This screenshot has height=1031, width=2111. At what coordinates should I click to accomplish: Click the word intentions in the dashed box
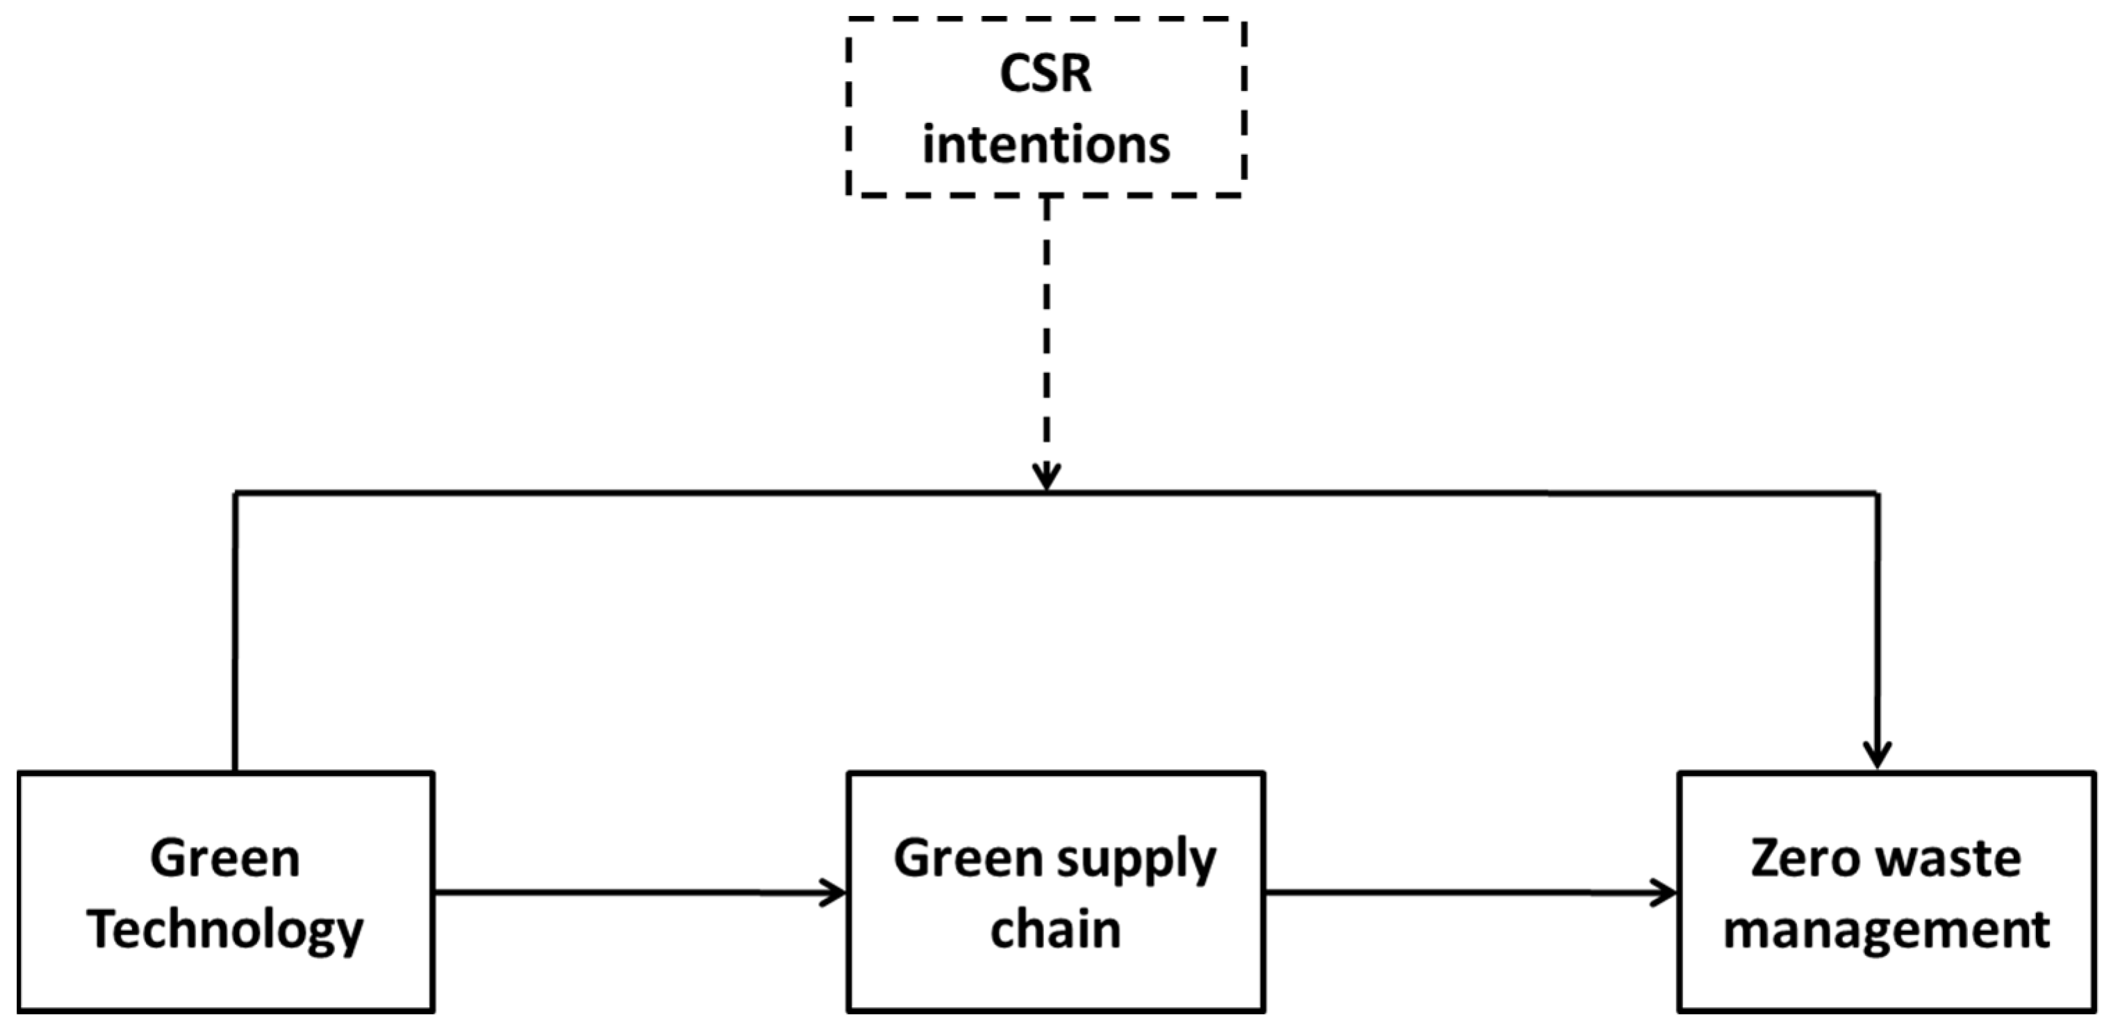pyautogui.click(x=1045, y=146)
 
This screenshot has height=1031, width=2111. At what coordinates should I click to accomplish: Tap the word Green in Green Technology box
pyautogui.click(x=224, y=859)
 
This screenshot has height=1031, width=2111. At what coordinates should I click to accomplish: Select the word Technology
pyautogui.click(x=224, y=931)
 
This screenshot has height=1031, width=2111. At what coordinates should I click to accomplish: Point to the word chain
pyautogui.click(x=1056, y=930)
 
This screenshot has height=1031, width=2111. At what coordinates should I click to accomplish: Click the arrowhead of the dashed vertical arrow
pyautogui.click(x=1047, y=479)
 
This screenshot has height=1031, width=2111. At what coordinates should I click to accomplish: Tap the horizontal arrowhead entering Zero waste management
pyautogui.click(x=1666, y=893)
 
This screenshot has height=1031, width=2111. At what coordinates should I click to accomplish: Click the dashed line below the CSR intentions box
pyautogui.click(x=1047, y=328)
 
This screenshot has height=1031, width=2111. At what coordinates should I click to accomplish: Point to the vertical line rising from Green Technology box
pyautogui.click(x=235, y=631)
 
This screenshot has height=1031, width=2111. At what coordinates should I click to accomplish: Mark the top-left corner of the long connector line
pyautogui.click(x=236, y=493)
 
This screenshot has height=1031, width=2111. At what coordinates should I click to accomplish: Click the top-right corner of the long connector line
pyautogui.click(x=1878, y=493)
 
